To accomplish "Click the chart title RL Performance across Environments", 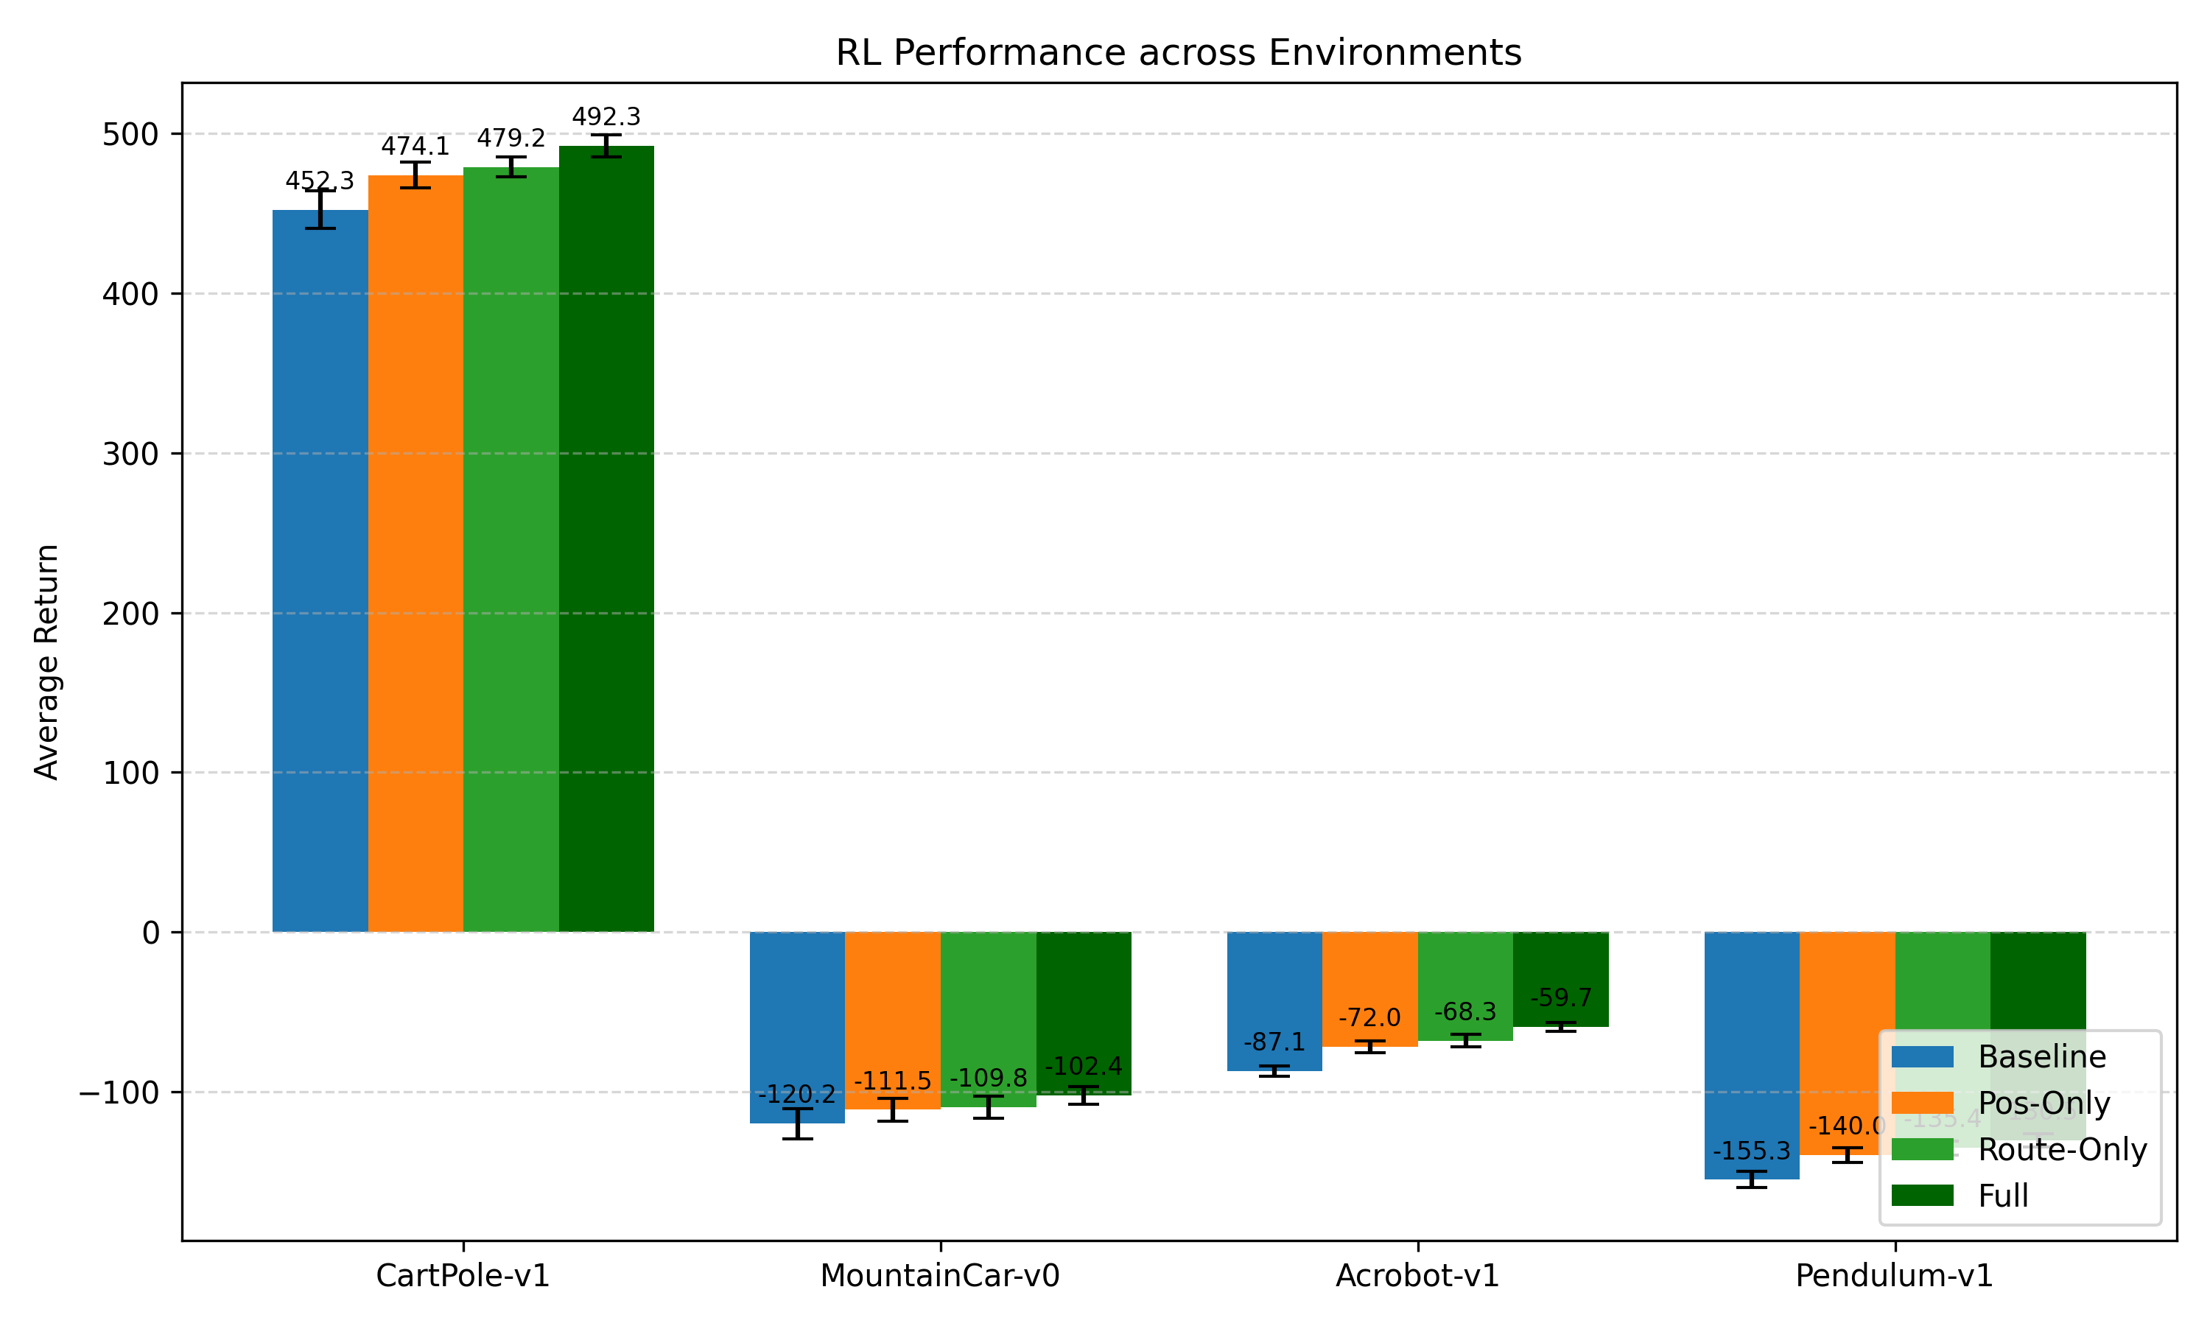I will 1178,53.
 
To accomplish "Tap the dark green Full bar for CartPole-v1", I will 606,536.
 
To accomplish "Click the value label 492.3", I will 606,117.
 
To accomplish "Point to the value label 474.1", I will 415,147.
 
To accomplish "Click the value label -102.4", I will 1084,1067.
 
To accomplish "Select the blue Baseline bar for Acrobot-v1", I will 1274,992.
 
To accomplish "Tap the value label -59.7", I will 1560,997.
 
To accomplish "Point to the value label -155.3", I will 1752,1151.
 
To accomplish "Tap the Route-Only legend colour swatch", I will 1923,1149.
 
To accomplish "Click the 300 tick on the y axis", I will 130,454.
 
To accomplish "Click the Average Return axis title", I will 46,662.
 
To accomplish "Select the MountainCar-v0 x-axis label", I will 940,1276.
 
